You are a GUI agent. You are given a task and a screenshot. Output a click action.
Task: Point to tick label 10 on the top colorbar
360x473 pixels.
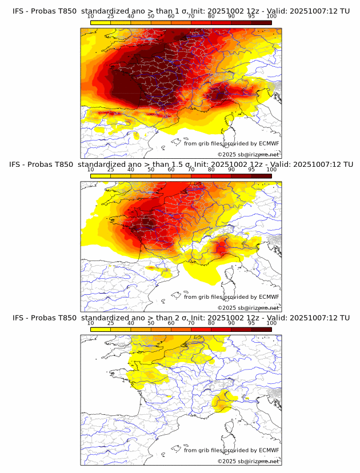click(x=91, y=16)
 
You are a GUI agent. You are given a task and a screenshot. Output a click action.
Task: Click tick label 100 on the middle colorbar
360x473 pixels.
click(x=271, y=170)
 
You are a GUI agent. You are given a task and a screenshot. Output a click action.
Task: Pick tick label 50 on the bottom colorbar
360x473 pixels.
click(x=151, y=323)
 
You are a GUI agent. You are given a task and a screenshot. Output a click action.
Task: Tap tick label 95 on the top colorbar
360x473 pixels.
click(x=251, y=16)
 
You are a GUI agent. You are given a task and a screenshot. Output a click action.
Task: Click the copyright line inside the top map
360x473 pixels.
click(x=248, y=155)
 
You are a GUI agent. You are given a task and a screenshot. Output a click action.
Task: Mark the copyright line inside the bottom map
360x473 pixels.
click(x=248, y=461)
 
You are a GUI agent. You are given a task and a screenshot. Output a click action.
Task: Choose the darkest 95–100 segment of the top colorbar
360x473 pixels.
click(x=261, y=22)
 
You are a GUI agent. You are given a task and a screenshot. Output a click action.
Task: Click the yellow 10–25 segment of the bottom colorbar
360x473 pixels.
click(x=101, y=330)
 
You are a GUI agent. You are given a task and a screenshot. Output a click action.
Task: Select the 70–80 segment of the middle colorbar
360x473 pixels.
click(x=201, y=176)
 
